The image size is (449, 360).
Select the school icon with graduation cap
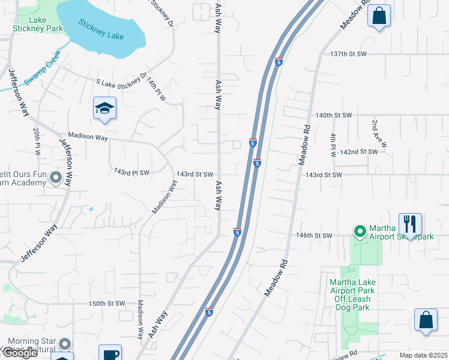pos(104,109)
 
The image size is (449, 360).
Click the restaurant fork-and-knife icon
pos(411,224)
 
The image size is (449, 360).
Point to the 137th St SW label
pos(348,54)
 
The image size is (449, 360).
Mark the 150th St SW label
pos(106,304)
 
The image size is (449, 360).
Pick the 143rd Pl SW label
pos(131,172)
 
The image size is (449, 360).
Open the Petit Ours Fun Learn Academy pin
pos(56,178)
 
